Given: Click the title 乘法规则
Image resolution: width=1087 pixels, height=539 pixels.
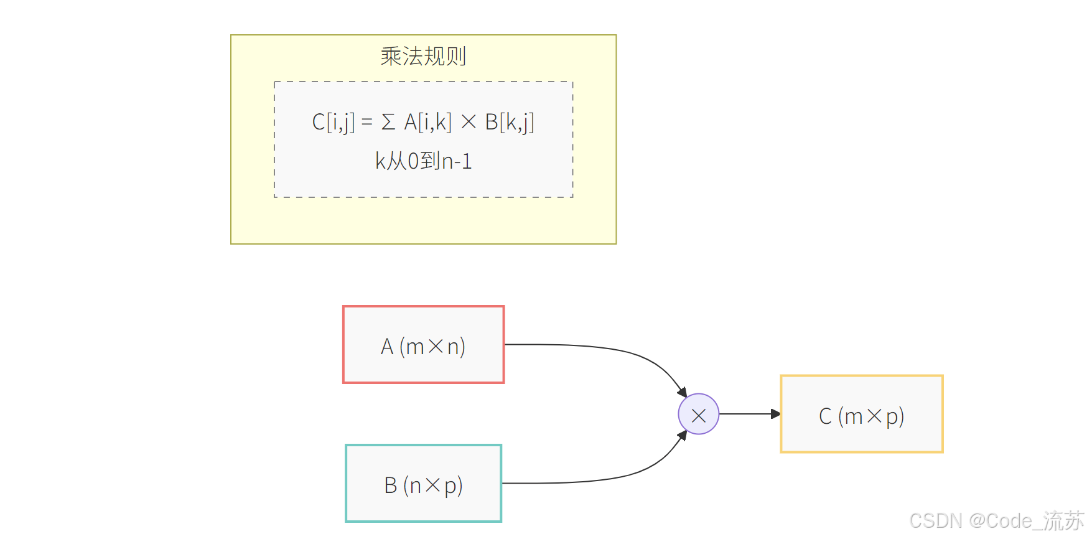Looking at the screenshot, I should pyautogui.click(x=423, y=57).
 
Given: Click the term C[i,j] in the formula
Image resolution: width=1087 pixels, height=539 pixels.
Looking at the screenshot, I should pyautogui.click(x=333, y=122).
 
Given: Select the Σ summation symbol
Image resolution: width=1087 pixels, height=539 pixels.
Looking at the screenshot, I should pyautogui.click(x=388, y=122).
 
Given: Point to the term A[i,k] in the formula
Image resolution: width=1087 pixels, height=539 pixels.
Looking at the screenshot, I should pyautogui.click(x=427, y=122).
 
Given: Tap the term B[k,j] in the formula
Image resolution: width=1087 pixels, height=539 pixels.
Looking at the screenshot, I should pyautogui.click(x=509, y=122).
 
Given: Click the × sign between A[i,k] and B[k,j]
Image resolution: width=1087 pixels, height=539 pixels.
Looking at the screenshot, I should pyautogui.click(x=469, y=123).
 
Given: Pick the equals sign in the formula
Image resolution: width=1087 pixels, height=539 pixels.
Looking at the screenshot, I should pyautogui.click(x=367, y=123).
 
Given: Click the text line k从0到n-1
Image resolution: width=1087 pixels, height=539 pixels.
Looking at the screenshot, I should pyautogui.click(x=423, y=161).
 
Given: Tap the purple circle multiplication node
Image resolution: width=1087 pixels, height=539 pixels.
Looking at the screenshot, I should pyautogui.click(x=698, y=414).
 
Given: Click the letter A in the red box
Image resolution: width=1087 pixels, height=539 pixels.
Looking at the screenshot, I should pyautogui.click(x=387, y=347).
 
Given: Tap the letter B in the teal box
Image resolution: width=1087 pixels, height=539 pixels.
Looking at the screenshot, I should pyautogui.click(x=391, y=485).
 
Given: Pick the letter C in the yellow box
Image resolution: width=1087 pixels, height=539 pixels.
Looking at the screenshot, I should pyautogui.click(x=825, y=416).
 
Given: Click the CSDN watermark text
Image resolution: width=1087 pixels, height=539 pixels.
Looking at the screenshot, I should pyautogui.click(x=996, y=520).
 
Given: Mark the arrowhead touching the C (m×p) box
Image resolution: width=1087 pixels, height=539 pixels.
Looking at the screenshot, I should pyautogui.click(x=775, y=414).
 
